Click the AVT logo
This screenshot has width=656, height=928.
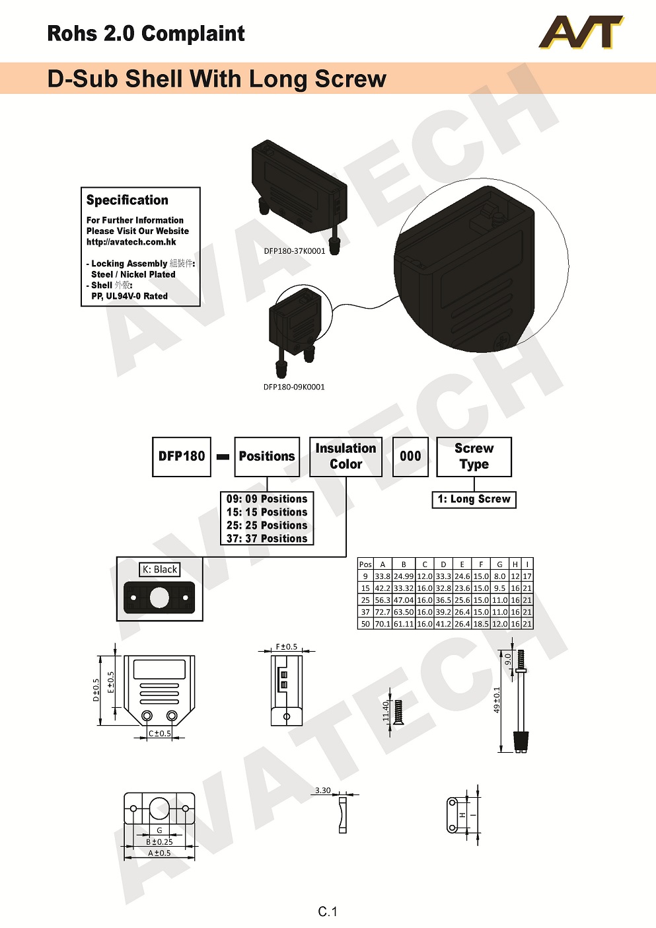pyautogui.click(x=581, y=33)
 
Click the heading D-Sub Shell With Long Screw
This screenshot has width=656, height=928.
pyautogui.click(x=217, y=79)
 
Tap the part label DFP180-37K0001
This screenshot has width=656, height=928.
pyautogui.click(x=295, y=251)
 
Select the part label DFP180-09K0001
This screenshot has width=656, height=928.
pyautogui.click(x=294, y=387)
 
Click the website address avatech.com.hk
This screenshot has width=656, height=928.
pyautogui.click(x=131, y=242)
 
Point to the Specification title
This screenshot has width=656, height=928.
pyautogui.click(x=128, y=200)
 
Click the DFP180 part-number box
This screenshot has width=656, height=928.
pyautogui.click(x=182, y=456)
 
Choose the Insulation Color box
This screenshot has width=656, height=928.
pyautogui.click(x=346, y=456)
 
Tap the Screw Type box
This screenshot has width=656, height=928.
pyautogui.click(x=474, y=456)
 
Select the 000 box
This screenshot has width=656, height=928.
pyautogui.click(x=410, y=456)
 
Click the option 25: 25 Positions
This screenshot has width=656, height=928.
pyautogui.click(x=267, y=525)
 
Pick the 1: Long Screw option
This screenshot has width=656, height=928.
pyautogui.click(x=474, y=500)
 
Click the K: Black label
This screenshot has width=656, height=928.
pyautogui.click(x=160, y=570)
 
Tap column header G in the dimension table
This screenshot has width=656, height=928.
pyautogui.click(x=499, y=564)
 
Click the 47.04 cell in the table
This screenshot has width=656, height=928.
pyautogui.click(x=404, y=600)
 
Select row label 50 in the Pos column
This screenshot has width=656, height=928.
pyautogui.click(x=365, y=624)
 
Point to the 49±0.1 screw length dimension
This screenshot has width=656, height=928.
pyautogui.click(x=497, y=699)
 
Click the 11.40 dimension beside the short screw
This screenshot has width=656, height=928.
pyautogui.click(x=386, y=712)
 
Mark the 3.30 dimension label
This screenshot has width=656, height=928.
pyautogui.click(x=322, y=791)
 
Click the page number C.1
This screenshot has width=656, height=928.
pyautogui.click(x=328, y=912)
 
